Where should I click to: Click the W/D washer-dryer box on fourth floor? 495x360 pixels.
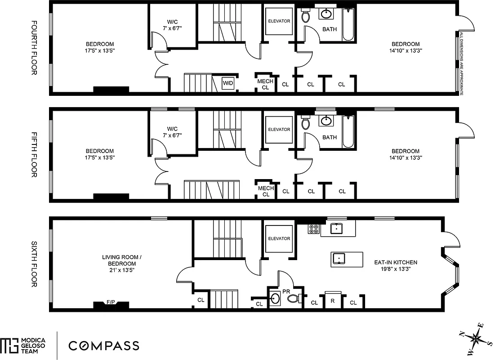228,84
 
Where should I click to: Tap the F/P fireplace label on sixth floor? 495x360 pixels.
111,303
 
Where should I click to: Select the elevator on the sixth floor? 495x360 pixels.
279,238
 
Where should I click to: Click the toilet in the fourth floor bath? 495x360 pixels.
306,17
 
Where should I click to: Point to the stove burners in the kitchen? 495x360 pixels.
313,229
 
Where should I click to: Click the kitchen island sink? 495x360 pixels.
339,258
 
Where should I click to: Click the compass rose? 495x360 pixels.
475,337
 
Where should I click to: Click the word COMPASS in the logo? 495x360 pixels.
103,346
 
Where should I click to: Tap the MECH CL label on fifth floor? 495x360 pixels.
265,191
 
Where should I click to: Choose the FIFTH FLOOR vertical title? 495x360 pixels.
34,154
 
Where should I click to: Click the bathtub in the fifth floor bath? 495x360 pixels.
348,131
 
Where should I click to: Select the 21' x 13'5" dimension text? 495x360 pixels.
119,270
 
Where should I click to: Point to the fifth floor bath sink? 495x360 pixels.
326,121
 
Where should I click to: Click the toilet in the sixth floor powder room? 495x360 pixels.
294,298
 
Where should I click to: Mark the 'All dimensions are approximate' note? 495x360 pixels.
461,63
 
